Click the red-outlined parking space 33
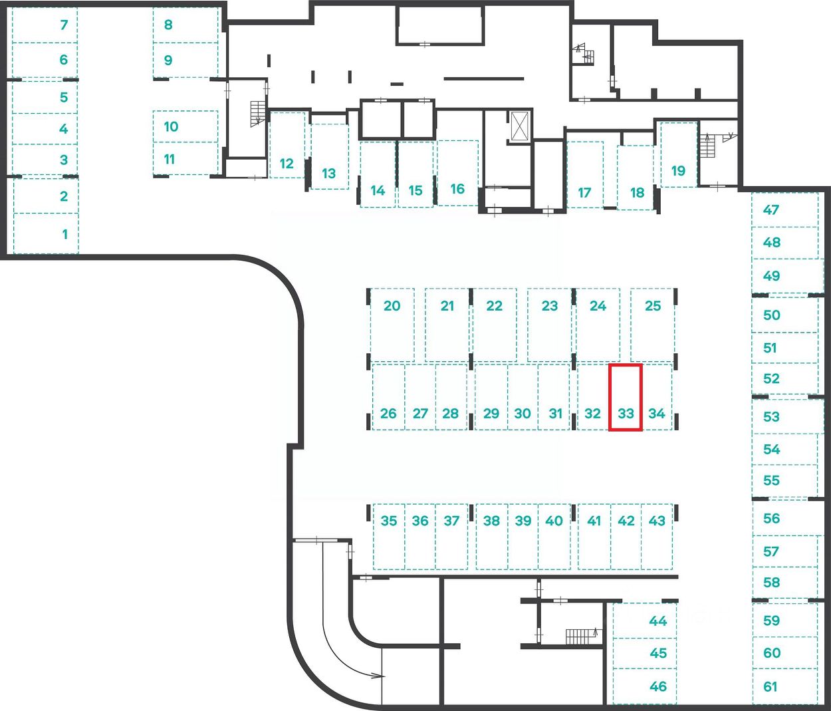pyautogui.click(x=625, y=397)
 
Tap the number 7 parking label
pyautogui.click(x=64, y=25)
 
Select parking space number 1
pyautogui.click(x=46, y=233)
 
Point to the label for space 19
pyautogui.click(x=678, y=171)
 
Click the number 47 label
pyautogui.click(x=771, y=210)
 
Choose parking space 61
pyautogui.click(x=784, y=686)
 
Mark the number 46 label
pyautogui.click(x=658, y=686)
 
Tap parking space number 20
pyautogui.click(x=392, y=325)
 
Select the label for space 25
pyautogui.click(x=653, y=306)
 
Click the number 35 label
pyautogui.click(x=389, y=521)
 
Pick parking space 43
pyautogui.click(x=657, y=537)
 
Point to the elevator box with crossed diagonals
pyautogui.click(x=521, y=126)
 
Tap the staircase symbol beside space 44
pyautogui.click(x=581, y=637)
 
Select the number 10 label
pyautogui.click(x=171, y=126)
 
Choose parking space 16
pyautogui.click(x=457, y=174)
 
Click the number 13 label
pyautogui.click(x=328, y=174)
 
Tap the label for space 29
pyautogui.click(x=491, y=414)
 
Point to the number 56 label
pyautogui.click(x=771, y=518)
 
